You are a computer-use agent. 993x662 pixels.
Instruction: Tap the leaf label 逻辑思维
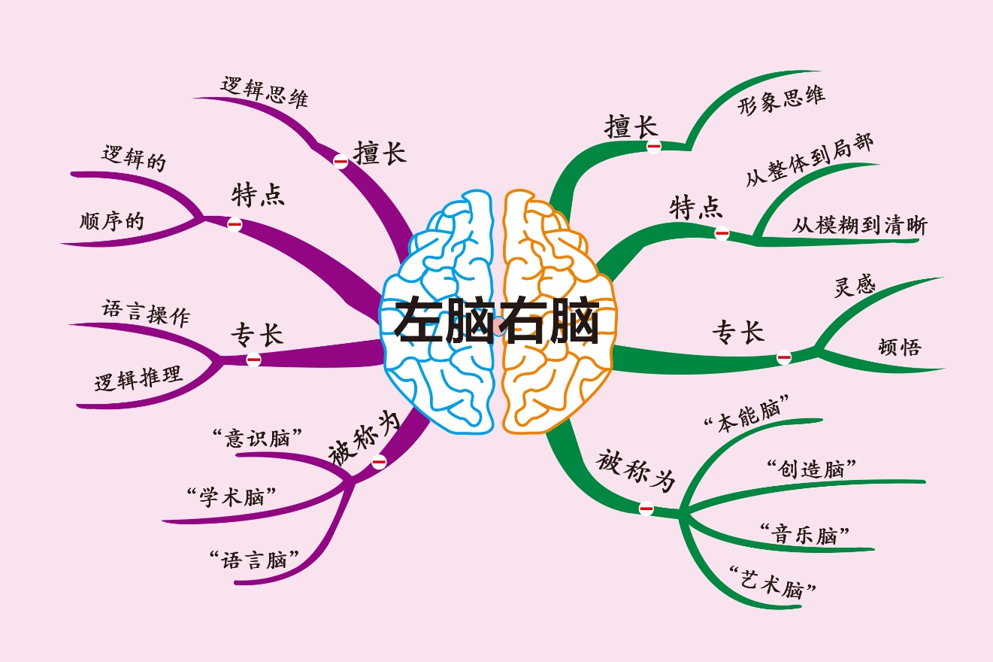[265, 91]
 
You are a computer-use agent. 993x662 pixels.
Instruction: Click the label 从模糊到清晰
[859, 226]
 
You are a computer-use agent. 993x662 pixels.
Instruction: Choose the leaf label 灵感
[855, 286]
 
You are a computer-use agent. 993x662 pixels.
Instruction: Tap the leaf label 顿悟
[899, 347]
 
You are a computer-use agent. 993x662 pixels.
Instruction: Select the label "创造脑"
[812, 469]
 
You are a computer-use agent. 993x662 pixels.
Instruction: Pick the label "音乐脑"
[804, 535]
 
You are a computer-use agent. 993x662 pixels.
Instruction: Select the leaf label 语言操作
[146, 313]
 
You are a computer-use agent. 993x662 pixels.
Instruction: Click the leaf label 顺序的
[111, 221]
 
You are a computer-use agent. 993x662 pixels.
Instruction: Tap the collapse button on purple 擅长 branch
[341, 161]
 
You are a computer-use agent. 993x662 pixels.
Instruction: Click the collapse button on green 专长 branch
[784, 357]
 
